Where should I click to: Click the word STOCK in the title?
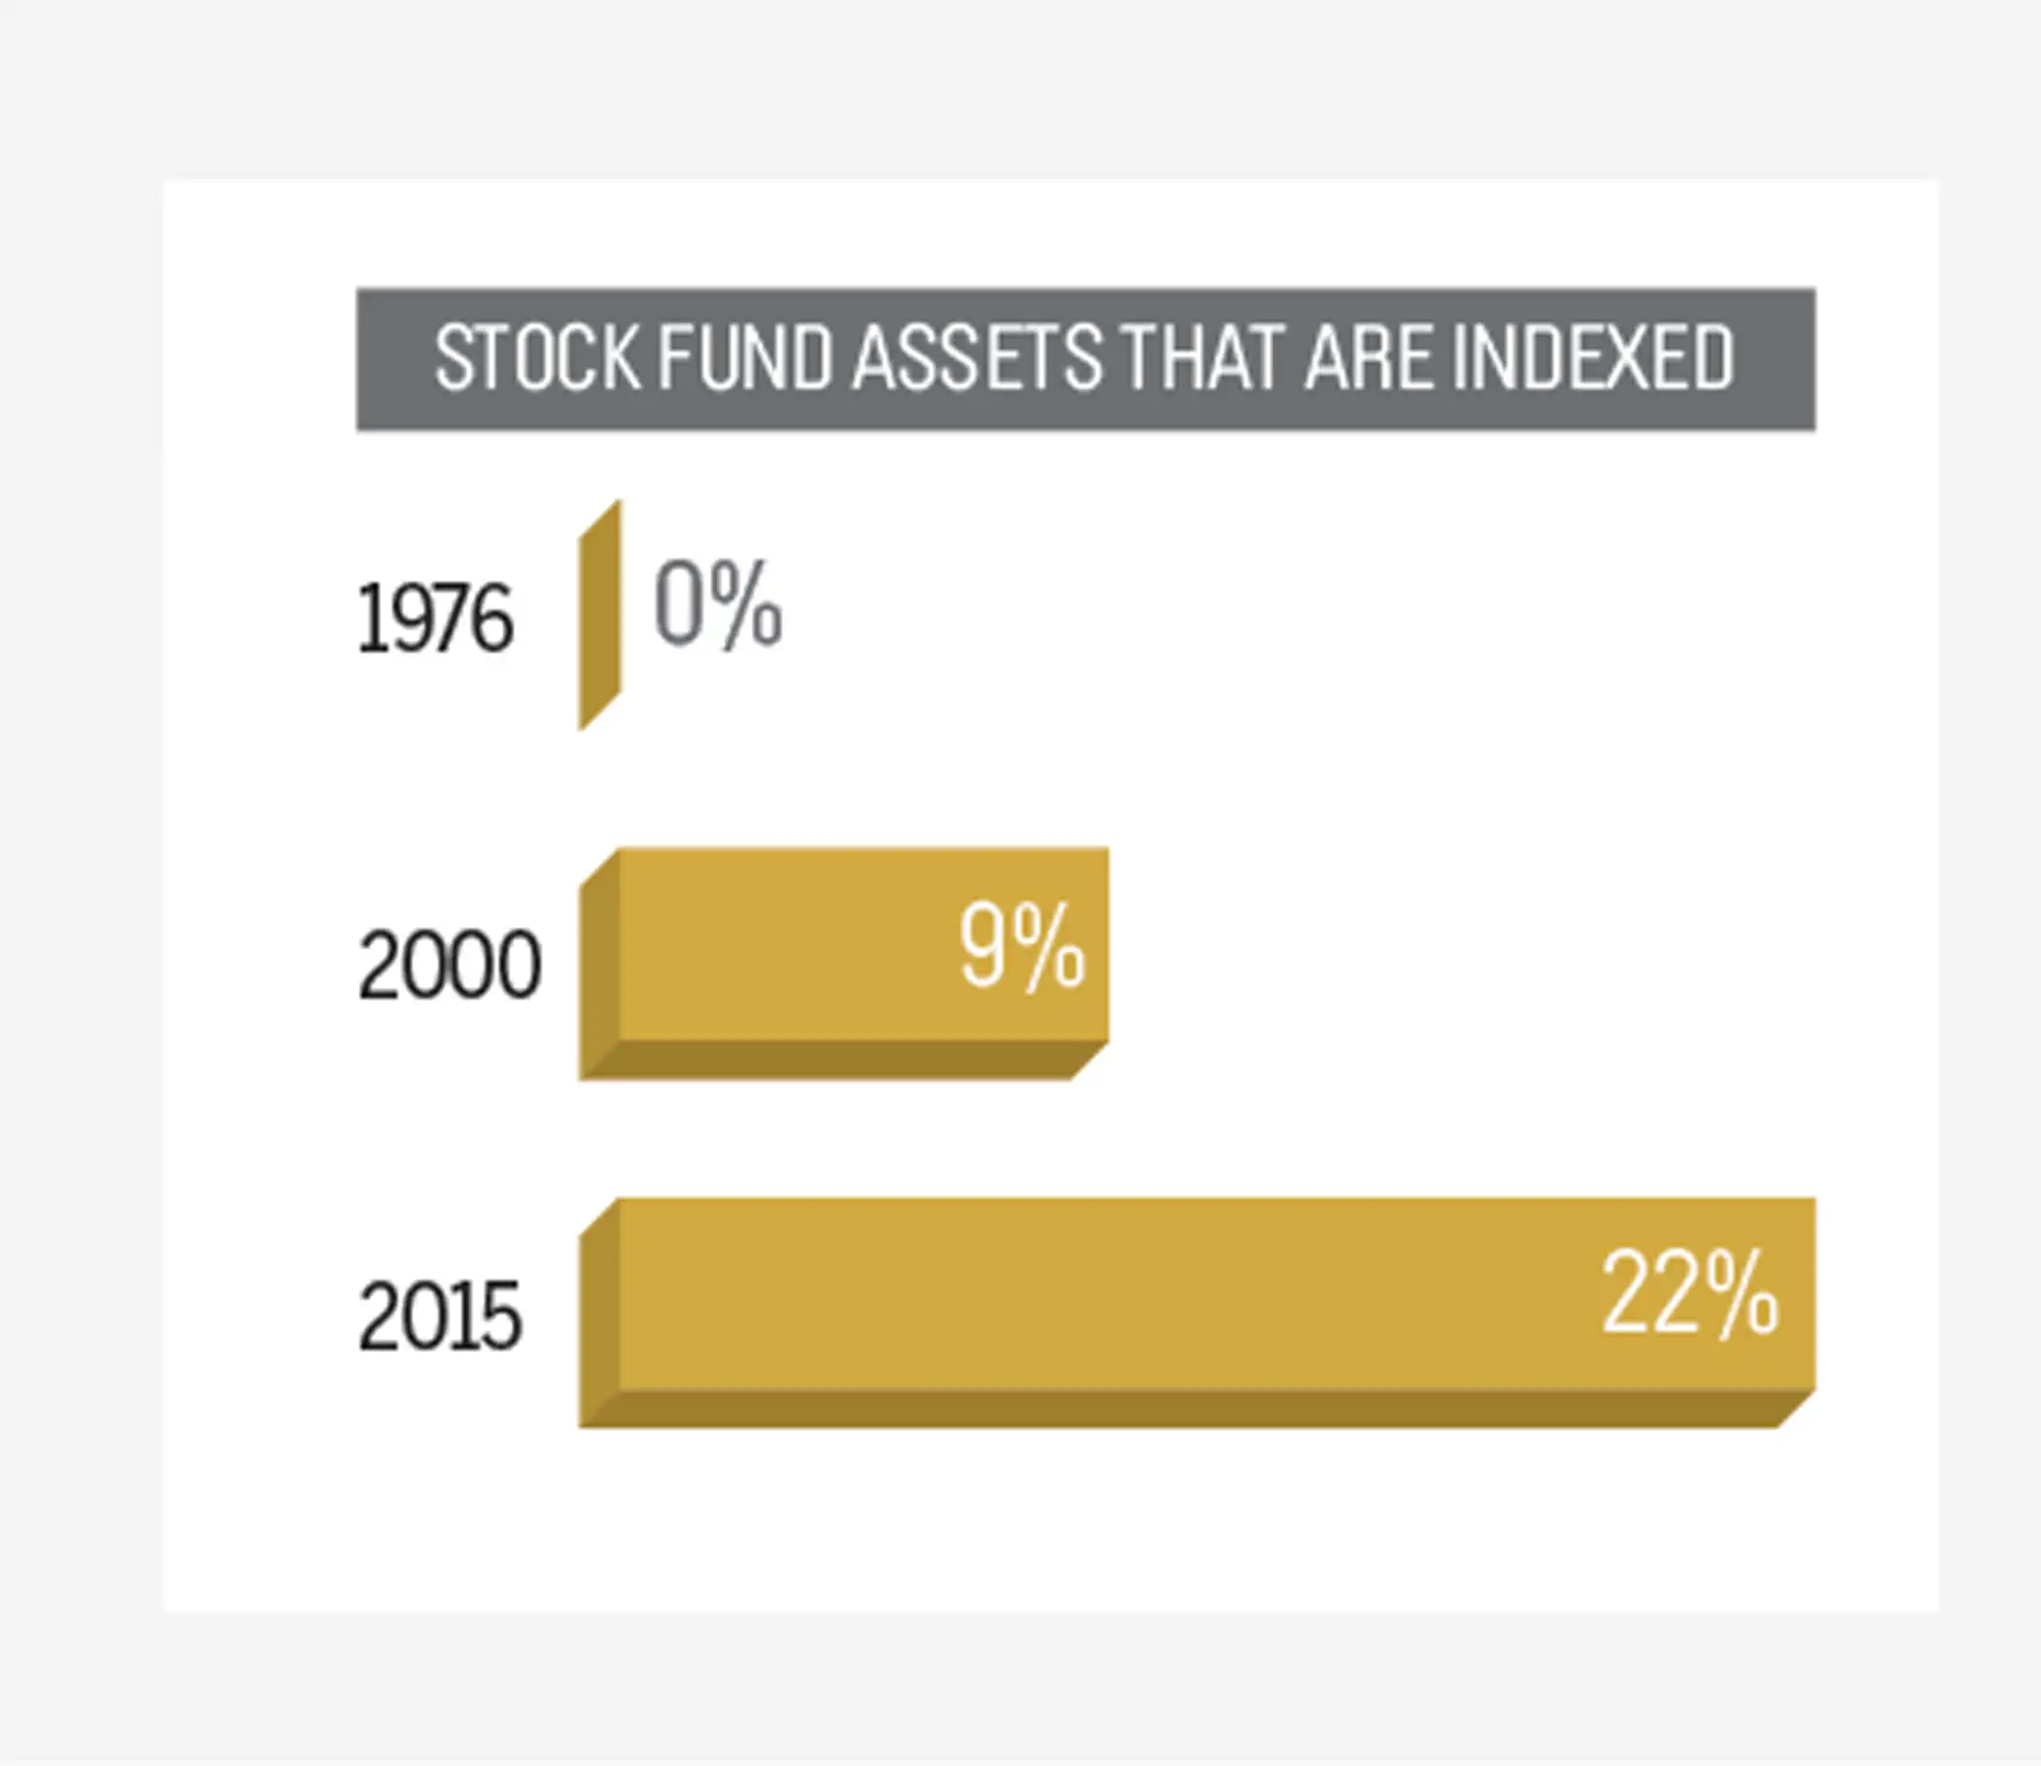tap(538, 357)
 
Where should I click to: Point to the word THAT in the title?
tap(1202, 357)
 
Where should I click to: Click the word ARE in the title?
tap(1369, 357)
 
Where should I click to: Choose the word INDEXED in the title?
tap(1592, 357)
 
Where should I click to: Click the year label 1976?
tap(434, 618)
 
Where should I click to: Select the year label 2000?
tap(450, 966)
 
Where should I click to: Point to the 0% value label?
tap(718, 603)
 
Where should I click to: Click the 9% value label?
tap(1022, 948)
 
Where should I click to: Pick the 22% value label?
tap(1690, 1294)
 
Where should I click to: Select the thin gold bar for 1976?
tap(599, 615)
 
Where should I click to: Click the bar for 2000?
tap(843, 963)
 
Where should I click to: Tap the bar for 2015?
tap(1197, 1311)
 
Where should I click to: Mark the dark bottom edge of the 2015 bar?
tap(1197, 1409)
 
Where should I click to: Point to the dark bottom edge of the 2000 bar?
tap(843, 1061)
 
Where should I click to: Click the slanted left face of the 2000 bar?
tap(599, 963)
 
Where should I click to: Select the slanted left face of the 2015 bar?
tap(599, 1311)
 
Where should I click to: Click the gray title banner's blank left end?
tap(394, 358)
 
